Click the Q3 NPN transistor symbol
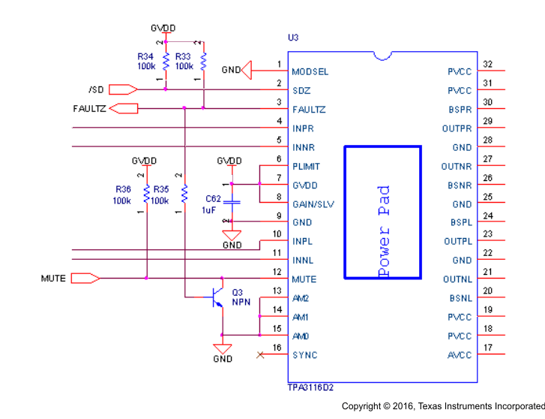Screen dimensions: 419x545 [x=217, y=297]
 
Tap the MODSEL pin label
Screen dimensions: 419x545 [x=310, y=72]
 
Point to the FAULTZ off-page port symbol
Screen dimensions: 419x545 [x=124, y=109]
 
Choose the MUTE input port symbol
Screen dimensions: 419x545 [x=84, y=279]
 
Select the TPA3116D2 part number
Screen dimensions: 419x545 [x=311, y=387]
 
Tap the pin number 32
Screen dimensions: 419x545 [x=487, y=65]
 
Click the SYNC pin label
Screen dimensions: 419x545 [x=305, y=355]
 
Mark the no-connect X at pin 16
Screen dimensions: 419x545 [x=260, y=354]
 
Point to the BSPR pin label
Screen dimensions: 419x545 [x=460, y=110]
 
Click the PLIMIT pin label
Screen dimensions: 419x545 [x=307, y=167]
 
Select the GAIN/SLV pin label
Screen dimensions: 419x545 [x=313, y=204]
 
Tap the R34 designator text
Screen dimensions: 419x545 [x=145, y=56]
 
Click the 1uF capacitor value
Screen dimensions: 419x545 [x=208, y=210]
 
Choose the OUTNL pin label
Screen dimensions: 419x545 [x=457, y=279]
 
